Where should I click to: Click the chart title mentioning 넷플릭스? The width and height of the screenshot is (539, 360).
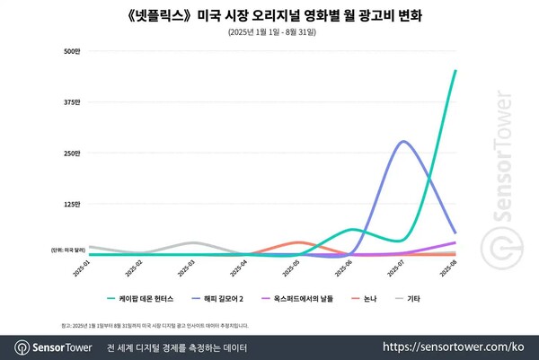pos(269,16)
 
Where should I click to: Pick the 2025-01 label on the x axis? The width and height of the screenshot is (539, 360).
pos(83,269)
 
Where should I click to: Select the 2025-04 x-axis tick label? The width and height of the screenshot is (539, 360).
pos(241,269)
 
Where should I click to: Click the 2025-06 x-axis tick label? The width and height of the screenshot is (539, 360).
pos(346,269)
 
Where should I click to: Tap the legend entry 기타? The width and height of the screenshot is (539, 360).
pos(414,297)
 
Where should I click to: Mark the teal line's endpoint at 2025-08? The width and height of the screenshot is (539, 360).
pos(455,70)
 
